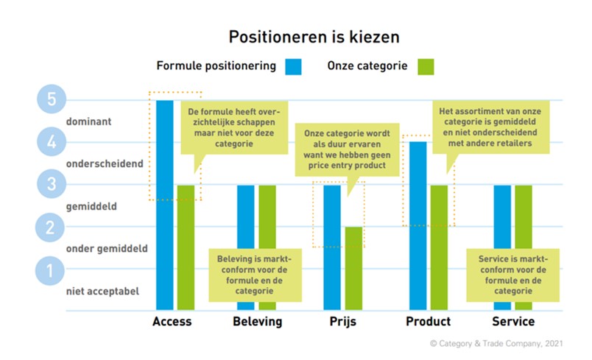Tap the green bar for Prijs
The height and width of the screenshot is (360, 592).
click(x=353, y=268)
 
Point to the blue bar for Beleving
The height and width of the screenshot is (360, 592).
click(x=245, y=221)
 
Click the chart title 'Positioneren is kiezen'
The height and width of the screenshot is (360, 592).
click(x=295, y=37)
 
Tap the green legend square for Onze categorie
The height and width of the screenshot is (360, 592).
click(x=425, y=66)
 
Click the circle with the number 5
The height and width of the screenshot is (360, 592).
click(x=51, y=99)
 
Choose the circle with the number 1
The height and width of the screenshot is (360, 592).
click(x=51, y=271)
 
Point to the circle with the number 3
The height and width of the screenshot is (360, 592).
click(x=51, y=185)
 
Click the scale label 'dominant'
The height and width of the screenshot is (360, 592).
click(x=88, y=121)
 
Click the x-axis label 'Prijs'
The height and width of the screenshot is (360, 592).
click(x=342, y=322)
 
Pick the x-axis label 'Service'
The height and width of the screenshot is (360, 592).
click(x=513, y=322)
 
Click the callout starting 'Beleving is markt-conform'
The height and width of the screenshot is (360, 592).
click(x=255, y=275)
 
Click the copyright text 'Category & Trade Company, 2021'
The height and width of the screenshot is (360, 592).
click(x=498, y=344)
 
